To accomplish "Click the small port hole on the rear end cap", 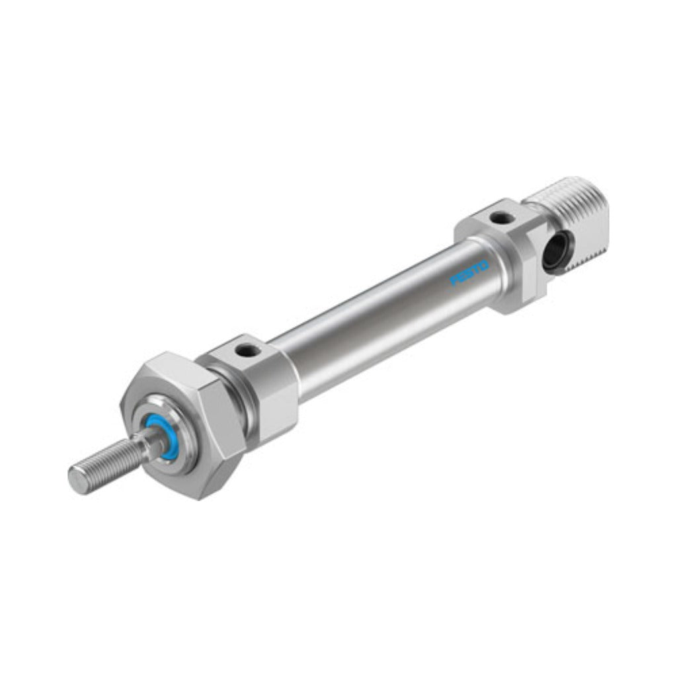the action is [x=500, y=218].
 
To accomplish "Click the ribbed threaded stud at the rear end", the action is [x=570, y=225].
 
